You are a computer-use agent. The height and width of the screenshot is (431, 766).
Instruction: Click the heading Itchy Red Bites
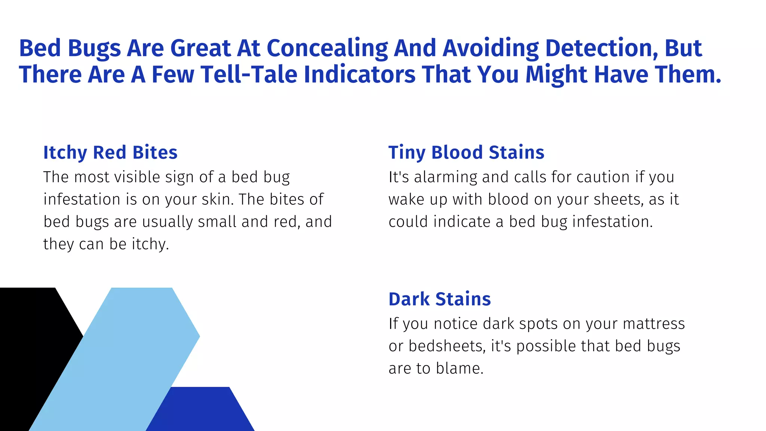110,153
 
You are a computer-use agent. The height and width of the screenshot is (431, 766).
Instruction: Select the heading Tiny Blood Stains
466,153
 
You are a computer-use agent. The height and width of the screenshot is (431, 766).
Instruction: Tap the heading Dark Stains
439,299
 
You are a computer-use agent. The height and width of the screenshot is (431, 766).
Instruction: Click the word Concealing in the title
327,49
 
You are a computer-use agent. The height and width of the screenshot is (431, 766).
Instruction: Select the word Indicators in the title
359,74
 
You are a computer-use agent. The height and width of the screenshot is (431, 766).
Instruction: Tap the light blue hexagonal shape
123,355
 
